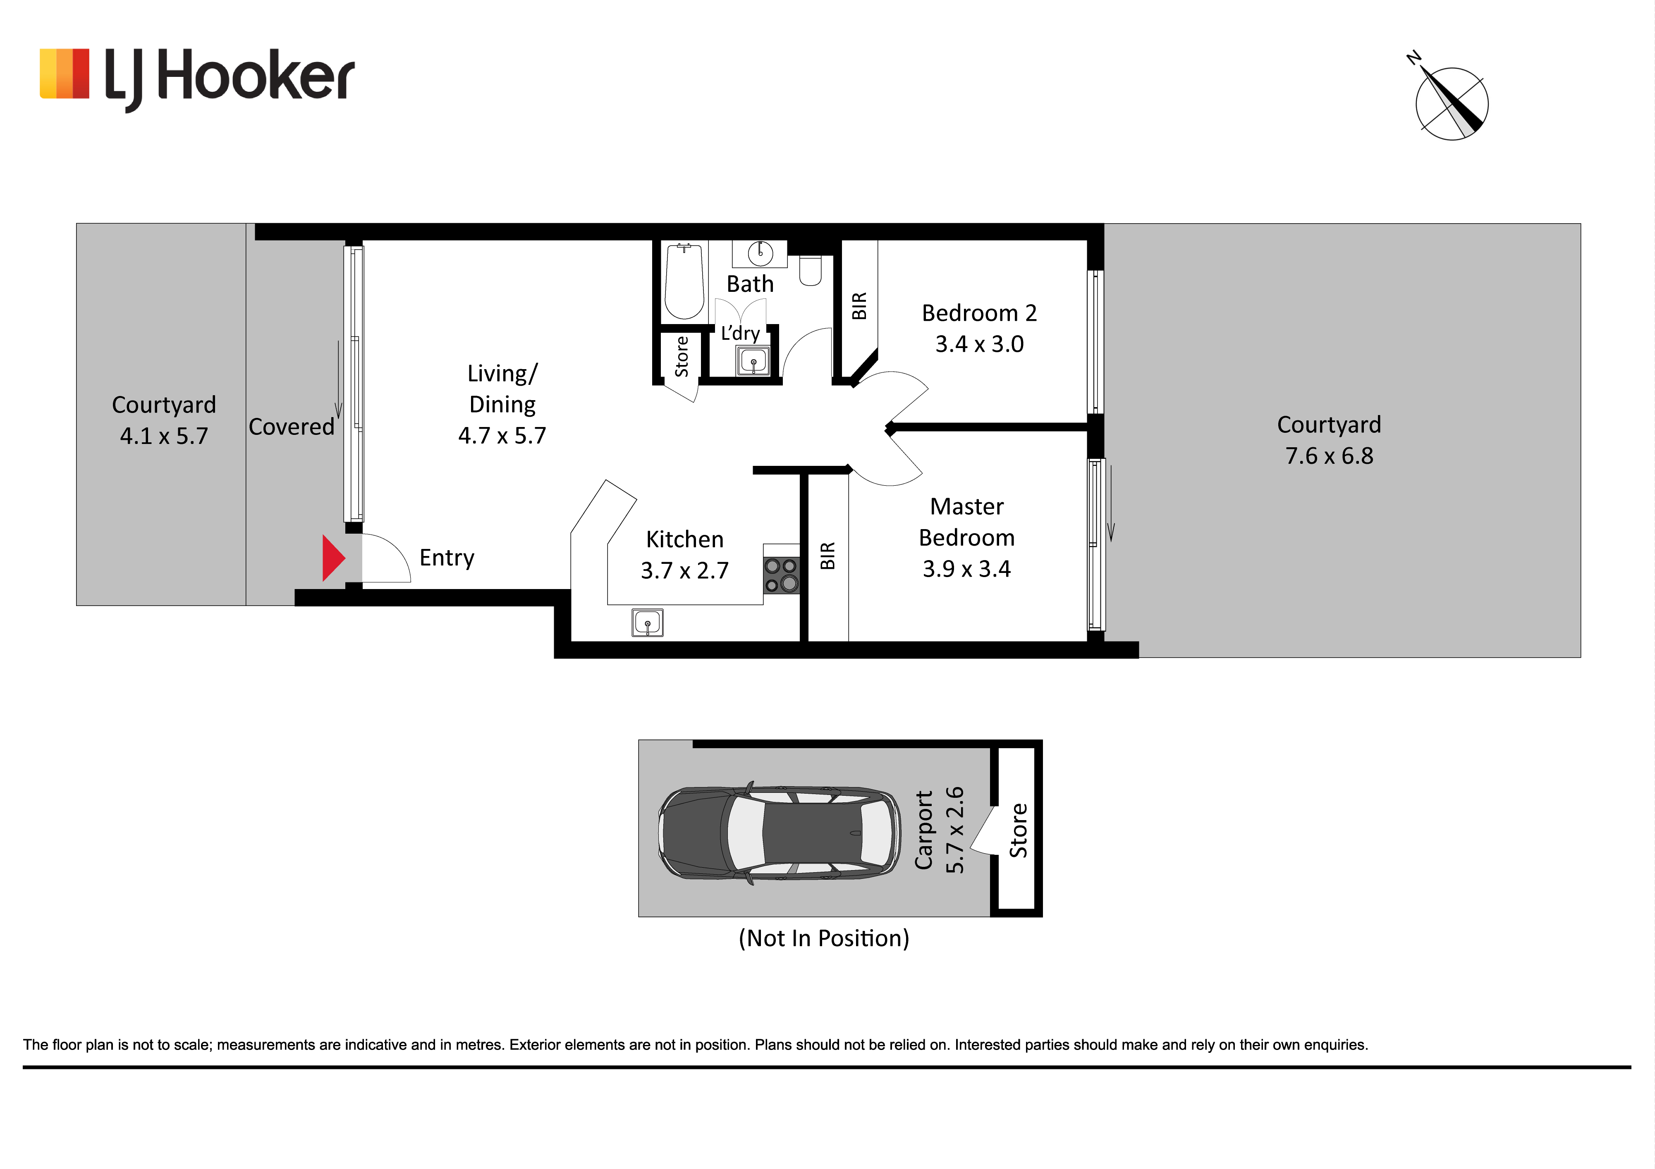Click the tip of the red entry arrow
(x=345, y=558)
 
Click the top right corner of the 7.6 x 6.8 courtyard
(x=1581, y=223)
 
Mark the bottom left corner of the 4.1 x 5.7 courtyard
(x=77, y=606)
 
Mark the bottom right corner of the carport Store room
(x=1042, y=917)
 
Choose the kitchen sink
(x=647, y=623)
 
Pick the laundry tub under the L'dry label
(x=753, y=360)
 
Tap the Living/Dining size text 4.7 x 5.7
(x=502, y=435)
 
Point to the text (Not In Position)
(x=824, y=938)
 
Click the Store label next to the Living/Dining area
(x=681, y=357)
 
